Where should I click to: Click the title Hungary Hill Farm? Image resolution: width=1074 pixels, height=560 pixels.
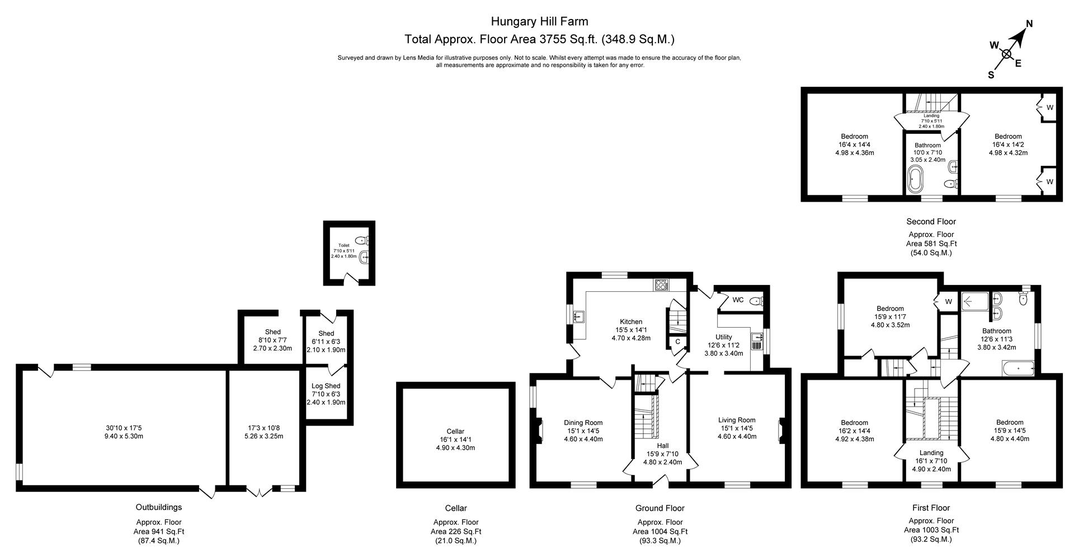coord(539,22)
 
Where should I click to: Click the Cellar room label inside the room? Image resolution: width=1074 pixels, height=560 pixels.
coord(455,431)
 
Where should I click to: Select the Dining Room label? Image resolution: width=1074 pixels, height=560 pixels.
coord(582,423)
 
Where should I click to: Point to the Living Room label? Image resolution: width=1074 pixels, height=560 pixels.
coord(737,420)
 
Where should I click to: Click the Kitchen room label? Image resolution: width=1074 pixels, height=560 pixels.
coord(631,321)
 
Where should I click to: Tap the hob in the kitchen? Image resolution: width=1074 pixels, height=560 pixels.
coord(661,284)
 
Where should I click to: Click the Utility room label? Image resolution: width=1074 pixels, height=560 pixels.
coord(723,337)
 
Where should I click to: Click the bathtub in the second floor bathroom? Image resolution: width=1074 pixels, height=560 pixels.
coord(915,179)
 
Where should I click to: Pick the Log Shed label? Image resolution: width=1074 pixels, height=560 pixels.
coord(326,386)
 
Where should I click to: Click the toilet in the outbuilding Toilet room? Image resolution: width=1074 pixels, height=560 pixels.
coord(362,240)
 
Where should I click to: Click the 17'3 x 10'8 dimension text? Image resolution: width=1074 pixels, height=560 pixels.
coord(266,428)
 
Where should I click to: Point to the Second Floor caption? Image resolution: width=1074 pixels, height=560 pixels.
coord(931,222)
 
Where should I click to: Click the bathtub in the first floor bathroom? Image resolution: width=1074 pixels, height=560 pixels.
coord(1018,368)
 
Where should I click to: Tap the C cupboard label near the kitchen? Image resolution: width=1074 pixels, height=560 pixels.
coord(677,342)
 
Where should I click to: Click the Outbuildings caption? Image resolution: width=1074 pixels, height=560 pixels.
coord(159,507)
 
